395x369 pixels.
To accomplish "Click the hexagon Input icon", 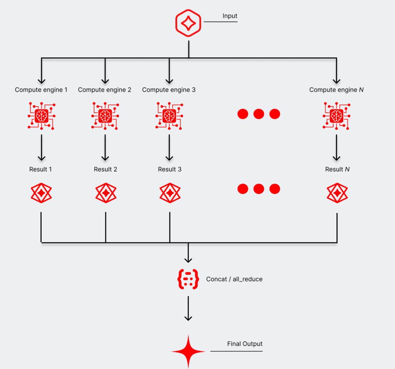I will [188, 24].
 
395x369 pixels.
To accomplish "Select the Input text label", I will [230, 16].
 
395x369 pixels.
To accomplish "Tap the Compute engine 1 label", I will [41, 90].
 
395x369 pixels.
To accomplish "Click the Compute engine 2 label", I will [105, 90].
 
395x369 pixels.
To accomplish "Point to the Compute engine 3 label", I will [169, 90].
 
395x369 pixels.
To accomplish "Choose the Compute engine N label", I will [337, 90].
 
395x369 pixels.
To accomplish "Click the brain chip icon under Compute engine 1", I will [41, 115].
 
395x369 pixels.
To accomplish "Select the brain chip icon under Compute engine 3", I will [169, 115].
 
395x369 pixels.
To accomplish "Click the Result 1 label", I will [41, 169].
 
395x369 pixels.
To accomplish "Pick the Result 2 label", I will [105, 169].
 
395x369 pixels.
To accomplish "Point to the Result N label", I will [337, 169].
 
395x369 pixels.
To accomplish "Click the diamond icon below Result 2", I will [106, 192].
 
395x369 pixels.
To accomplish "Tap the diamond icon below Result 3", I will [170, 192].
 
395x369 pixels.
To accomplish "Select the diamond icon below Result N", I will [337, 192].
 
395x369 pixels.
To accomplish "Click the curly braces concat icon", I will [188, 279].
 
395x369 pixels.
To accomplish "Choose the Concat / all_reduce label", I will [234, 279].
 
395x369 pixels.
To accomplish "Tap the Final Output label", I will [245, 344].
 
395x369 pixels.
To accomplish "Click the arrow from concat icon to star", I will [188, 308].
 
